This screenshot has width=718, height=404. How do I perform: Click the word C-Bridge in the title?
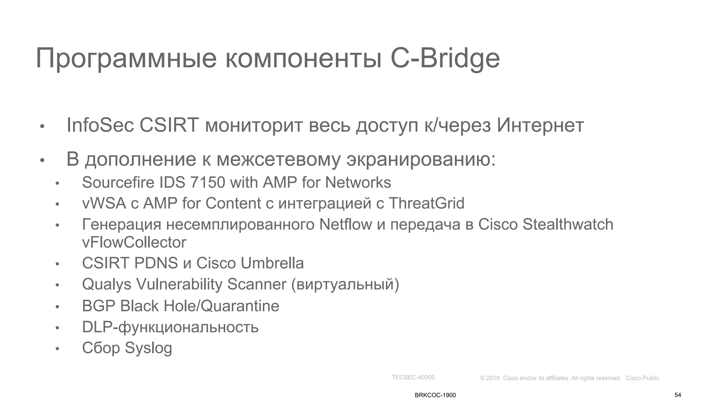(x=445, y=59)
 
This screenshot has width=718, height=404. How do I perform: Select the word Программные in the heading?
(x=126, y=59)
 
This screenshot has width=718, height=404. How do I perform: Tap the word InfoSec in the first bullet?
(x=100, y=125)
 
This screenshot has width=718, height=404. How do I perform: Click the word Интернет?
(x=540, y=125)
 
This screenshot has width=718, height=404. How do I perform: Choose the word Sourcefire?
(x=118, y=182)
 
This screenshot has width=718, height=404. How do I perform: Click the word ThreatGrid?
(x=426, y=203)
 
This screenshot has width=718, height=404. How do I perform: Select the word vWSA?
(x=104, y=203)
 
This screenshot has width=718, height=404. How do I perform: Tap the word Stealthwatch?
(x=568, y=224)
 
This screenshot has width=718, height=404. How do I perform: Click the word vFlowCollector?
(x=134, y=242)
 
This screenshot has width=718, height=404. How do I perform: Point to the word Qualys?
(x=107, y=284)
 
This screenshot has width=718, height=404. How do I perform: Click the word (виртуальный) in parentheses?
(x=345, y=284)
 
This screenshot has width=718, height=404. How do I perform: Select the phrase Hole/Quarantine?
(x=221, y=306)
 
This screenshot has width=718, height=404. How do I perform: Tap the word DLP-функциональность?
(x=170, y=327)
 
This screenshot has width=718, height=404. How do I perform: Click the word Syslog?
(x=148, y=348)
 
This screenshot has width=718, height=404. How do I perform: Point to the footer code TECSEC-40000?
(x=413, y=377)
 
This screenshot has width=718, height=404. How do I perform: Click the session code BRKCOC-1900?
(x=435, y=395)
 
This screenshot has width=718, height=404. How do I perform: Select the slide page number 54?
(x=678, y=395)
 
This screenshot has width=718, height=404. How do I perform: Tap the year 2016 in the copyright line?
(x=493, y=378)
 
